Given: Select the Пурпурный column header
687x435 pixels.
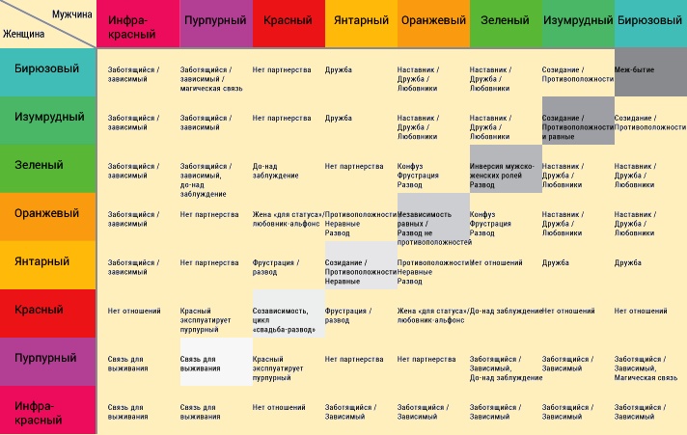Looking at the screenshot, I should coord(215,21).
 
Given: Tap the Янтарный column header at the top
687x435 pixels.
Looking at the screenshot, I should coord(360,21).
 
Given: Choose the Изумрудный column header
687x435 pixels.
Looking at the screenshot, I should coord(577,21).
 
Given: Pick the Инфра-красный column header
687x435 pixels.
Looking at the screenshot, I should coord(138,23).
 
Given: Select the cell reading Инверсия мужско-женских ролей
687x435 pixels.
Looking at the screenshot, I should coord(505,170).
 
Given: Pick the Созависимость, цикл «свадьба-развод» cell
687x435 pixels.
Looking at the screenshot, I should coord(286,319).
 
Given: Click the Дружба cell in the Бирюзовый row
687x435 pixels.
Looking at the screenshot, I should coord(339,69).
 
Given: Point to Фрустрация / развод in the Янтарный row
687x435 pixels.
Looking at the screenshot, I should coord(276,267).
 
